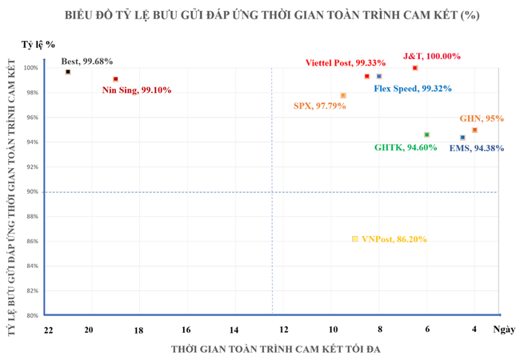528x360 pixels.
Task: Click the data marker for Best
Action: [x=68, y=72]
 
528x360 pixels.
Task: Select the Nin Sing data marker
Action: [x=116, y=79]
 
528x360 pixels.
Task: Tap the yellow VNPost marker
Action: [x=354, y=239]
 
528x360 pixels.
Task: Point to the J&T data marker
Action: [x=415, y=68]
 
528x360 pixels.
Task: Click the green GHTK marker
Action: [x=426, y=134]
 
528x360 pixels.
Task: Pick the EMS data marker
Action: [x=462, y=138]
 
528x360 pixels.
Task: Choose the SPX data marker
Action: [x=343, y=95]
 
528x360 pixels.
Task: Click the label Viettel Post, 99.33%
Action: [x=346, y=62]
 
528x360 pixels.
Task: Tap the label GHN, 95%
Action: [x=482, y=118]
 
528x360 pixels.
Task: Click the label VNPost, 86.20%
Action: [x=394, y=239]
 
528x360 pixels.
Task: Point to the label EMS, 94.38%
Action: [x=476, y=148]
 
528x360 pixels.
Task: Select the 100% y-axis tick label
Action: [x=31, y=68]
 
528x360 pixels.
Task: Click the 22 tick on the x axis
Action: [x=49, y=330]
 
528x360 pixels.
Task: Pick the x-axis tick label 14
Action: [x=234, y=330]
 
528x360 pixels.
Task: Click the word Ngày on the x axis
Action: [x=504, y=330]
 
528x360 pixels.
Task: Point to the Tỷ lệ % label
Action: [x=39, y=46]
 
